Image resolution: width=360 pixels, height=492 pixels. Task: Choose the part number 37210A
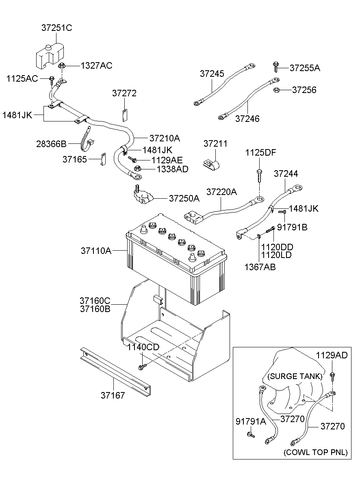coord(165,138)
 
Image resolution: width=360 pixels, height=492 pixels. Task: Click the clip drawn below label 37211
coord(211,164)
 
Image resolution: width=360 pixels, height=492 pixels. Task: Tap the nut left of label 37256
coord(275,90)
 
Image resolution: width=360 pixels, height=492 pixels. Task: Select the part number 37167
coord(113,394)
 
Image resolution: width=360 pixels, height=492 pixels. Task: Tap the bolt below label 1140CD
coord(142,367)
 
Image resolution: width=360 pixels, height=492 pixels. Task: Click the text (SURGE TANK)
coord(295,376)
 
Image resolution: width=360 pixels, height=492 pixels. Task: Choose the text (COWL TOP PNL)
coord(317,452)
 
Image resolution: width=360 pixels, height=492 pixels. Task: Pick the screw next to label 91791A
coord(250,436)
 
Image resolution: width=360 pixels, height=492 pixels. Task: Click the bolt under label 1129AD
coord(332,376)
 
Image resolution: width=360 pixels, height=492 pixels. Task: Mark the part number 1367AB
coord(260,267)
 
